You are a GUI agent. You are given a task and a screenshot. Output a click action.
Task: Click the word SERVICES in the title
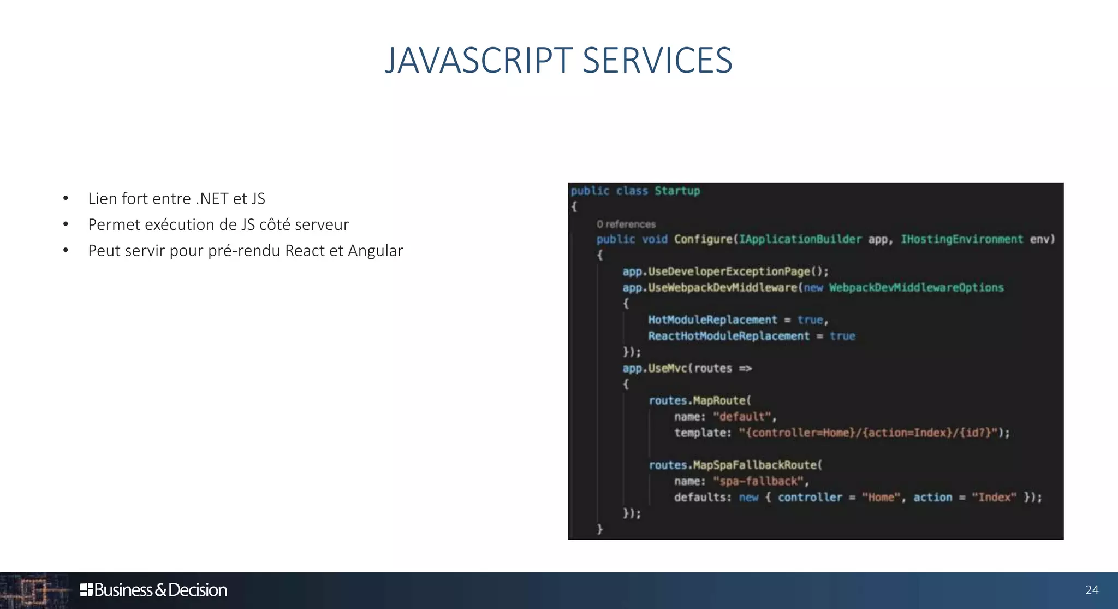point(657,60)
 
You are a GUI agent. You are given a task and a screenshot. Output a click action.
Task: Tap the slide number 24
point(1092,590)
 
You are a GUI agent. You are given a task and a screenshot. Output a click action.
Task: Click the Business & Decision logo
point(153,590)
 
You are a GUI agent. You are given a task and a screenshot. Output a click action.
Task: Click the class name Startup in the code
point(677,191)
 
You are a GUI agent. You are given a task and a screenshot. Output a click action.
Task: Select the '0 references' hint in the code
point(626,224)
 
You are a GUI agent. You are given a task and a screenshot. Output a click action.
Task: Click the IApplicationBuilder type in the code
point(800,239)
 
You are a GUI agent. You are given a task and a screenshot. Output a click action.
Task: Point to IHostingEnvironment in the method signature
point(961,239)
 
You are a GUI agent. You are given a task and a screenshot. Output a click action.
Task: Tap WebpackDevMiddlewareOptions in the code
point(916,288)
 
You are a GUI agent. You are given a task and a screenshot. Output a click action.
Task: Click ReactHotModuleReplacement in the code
point(729,336)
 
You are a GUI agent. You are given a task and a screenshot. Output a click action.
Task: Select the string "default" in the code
point(742,417)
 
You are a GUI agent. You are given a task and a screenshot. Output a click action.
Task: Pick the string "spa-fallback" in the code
point(758,481)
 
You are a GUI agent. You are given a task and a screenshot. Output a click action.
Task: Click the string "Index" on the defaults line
point(994,497)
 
